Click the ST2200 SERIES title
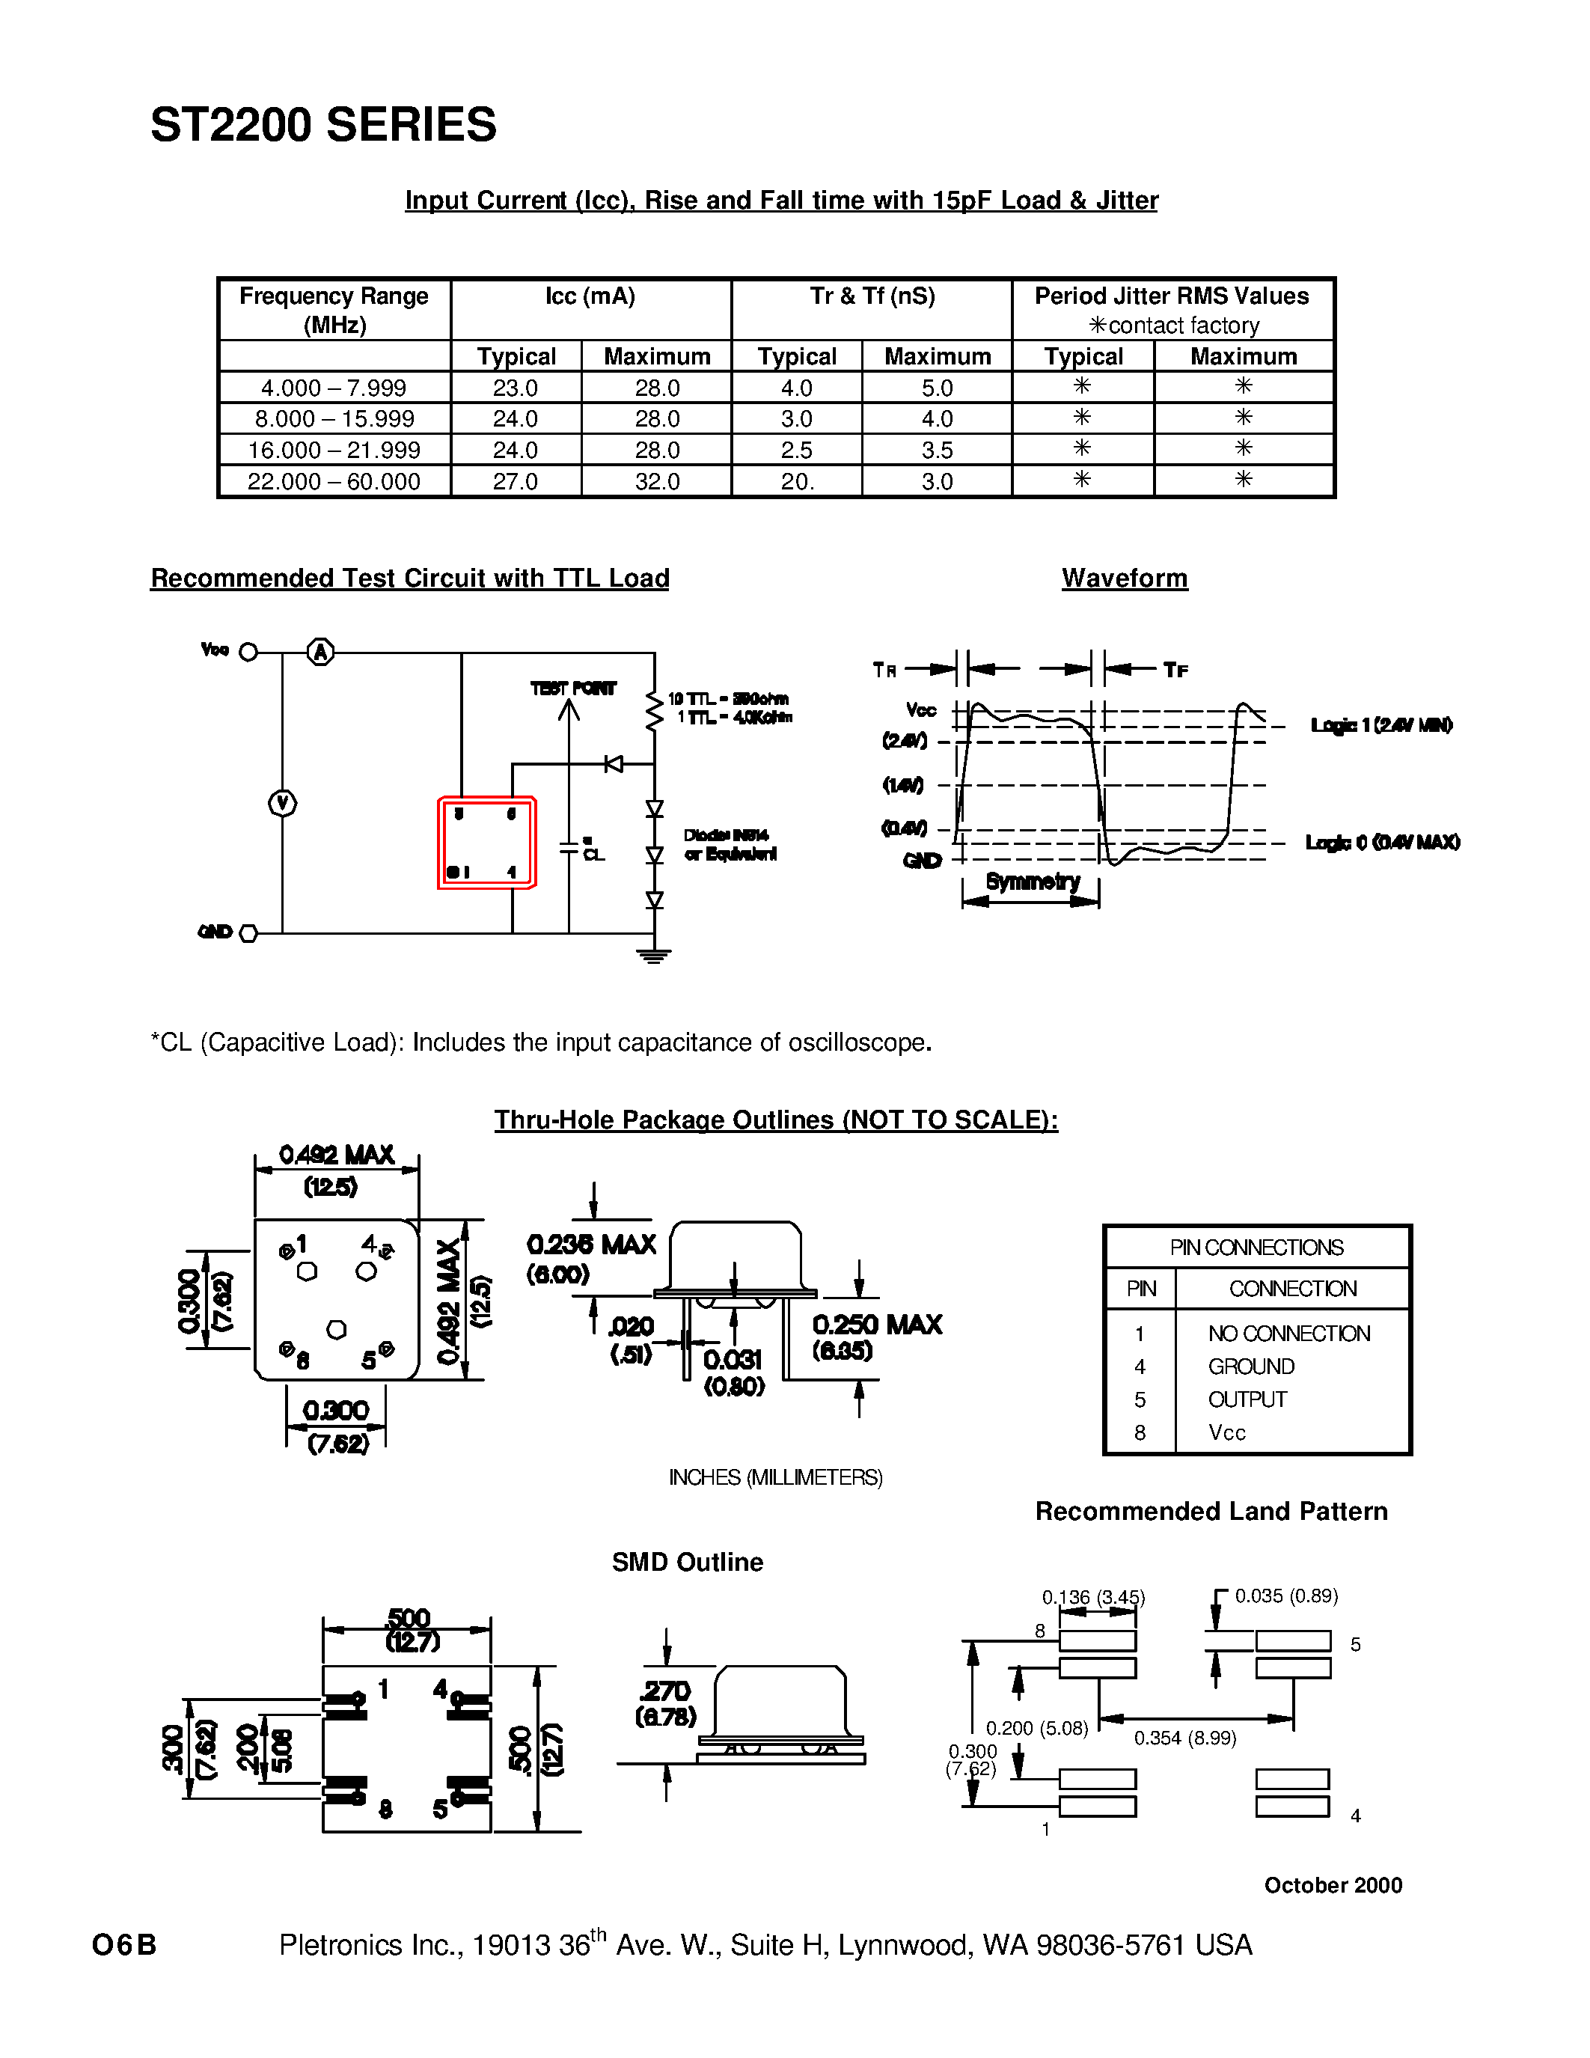pos(323,125)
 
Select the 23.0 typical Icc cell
pos(516,388)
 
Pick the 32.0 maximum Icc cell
pos(656,481)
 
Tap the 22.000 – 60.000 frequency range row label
pos(334,481)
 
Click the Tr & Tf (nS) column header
pos(872,297)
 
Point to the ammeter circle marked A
pos(321,652)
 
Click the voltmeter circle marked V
pos(283,804)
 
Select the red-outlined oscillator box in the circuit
pos(487,843)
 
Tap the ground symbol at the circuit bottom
pos(655,956)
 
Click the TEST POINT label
pos(572,688)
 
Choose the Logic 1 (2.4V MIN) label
pos(1381,726)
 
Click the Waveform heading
pos(1125,578)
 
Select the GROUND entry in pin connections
pos(1251,1367)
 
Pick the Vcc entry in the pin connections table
pos(1226,1432)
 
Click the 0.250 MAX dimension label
pos(877,1325)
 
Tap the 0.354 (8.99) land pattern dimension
pos(1185,1738)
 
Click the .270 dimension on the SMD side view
pos(666,1691)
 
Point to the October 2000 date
pos(1333,1884)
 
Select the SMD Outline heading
pos(688,1563)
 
